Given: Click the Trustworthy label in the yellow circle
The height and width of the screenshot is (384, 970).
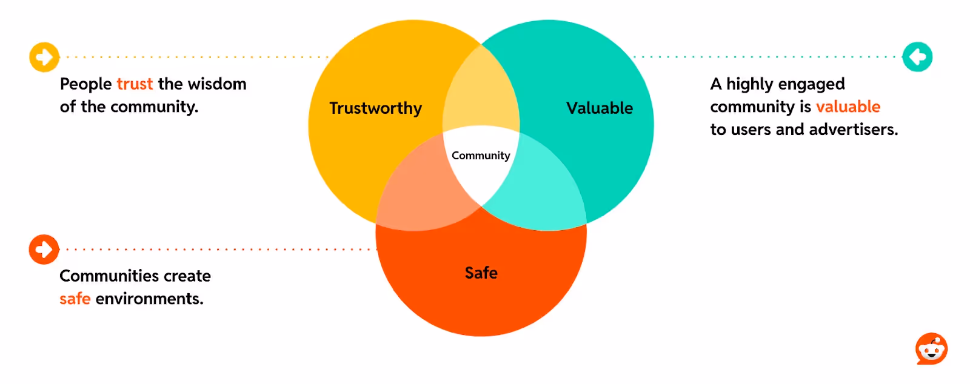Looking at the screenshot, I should [x=375, y=108].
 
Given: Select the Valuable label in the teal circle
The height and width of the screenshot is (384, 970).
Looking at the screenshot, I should [x=599, y=108].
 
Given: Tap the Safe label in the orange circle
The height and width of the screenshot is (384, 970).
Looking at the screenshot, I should [x=481, y=273].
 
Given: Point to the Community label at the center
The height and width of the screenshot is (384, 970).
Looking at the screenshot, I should [x=481, y=156].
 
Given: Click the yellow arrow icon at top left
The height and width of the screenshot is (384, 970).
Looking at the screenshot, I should [x=44, y=58].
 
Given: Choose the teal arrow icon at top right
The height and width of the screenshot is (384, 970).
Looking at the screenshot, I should [x=917, y=57].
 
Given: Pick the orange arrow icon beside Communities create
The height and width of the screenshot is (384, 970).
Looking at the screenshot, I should [x=44, y=250].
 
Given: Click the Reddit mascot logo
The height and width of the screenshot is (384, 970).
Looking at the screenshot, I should [x=931, y=349].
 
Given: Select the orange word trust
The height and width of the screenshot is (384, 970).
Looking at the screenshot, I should [x=135, y=84].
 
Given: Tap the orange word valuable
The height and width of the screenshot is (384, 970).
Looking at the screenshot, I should [x=848, y=107].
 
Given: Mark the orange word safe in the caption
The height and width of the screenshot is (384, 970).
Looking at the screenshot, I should [x=75, y=299].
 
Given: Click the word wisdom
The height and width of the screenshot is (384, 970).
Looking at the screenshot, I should [x=217, y=84].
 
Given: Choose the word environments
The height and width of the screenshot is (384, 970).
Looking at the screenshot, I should [x=149, y=299].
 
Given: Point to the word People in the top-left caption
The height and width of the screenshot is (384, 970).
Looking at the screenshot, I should [x=85, y=84].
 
